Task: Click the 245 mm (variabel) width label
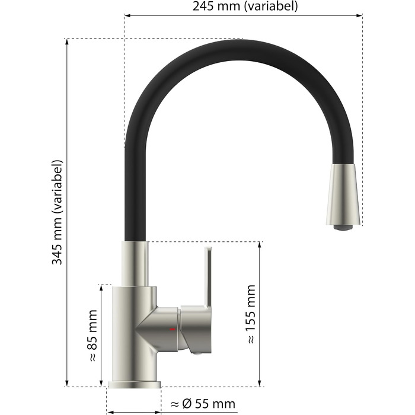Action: (x=245, y=7)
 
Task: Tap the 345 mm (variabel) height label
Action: (x=57, y=212)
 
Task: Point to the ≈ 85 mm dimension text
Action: (x=92, y=336)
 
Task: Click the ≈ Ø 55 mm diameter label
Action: (x=203, y=404)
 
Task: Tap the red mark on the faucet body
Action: (x=173, y=329)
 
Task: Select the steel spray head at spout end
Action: (x=343, y=195)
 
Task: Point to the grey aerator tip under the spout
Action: (x=343, y=228)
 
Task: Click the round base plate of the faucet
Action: (x=134, y=385)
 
